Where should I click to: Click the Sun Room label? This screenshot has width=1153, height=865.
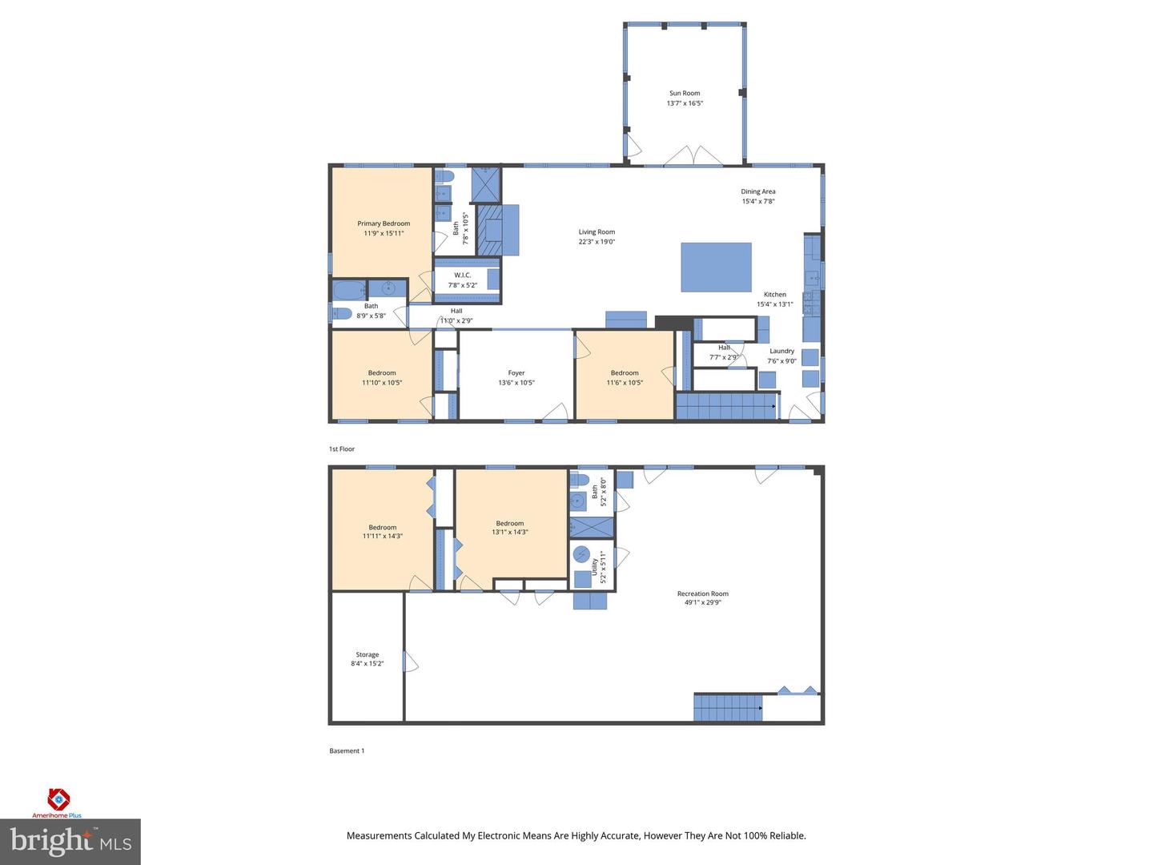[x=685, y=93]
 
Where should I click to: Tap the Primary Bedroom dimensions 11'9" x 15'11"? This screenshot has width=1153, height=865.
[x=384, y=234]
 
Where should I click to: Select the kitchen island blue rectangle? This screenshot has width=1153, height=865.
[x=716, y=267]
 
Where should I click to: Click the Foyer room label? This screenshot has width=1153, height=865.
[x=516, y=372]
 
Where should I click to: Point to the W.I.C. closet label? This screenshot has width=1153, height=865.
[x=462, y=275]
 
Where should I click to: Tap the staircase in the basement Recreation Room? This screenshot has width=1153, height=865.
[x=727, y=708]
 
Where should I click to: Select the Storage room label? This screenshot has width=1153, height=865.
[x=368, y=654]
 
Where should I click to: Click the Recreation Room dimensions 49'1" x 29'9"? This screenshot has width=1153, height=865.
[x=703, y=603]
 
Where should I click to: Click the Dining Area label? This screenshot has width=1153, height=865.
[x=757, y=191]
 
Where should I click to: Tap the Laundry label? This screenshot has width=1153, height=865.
[x=781, y=351]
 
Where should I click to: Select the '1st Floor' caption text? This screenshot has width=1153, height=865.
[x=342, y=449]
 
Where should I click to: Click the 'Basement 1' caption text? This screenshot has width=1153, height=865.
[x=347, y=751]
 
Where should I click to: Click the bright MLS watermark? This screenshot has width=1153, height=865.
[x=70, y=841]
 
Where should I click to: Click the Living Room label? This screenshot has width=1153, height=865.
[x=597, y=231]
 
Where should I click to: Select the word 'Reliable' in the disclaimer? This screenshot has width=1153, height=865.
[x=786, y=835]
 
